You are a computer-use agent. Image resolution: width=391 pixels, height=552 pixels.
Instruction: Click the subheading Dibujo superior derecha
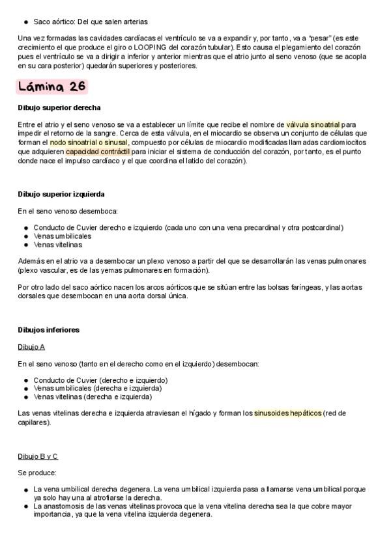point(59,107)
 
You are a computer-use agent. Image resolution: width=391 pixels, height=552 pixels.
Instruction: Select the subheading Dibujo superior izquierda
point(61,194)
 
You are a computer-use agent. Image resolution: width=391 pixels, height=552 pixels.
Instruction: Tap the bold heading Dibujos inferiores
point(49,330)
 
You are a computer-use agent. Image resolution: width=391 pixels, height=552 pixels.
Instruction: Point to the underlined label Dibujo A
point(31,347)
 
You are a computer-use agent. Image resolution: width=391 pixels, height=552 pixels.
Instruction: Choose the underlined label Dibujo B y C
point(38,456)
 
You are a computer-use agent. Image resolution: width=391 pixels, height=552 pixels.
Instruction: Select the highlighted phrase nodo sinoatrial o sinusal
point(89,142)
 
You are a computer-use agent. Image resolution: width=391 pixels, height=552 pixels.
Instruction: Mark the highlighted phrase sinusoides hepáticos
point(287,413)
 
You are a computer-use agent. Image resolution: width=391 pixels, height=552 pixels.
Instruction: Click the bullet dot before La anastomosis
point(26,506)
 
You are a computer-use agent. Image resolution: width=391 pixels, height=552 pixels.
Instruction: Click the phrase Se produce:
point(37,473)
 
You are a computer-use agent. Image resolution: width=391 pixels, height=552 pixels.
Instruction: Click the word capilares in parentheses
point(33,422)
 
